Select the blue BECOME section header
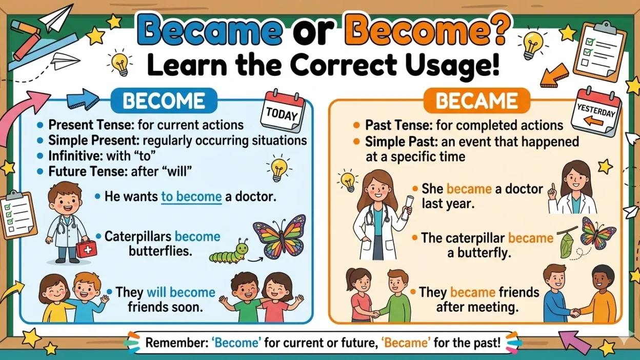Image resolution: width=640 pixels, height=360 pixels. tap(164, 101)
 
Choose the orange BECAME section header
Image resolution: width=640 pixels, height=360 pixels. tap(475, 101)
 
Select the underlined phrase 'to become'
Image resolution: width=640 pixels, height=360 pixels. tap(191, 196)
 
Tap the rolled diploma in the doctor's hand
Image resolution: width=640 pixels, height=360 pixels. tap(406, 204)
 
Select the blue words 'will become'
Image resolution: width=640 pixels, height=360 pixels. tap(181, 292)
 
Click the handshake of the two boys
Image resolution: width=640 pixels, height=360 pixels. tap(576, 311)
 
